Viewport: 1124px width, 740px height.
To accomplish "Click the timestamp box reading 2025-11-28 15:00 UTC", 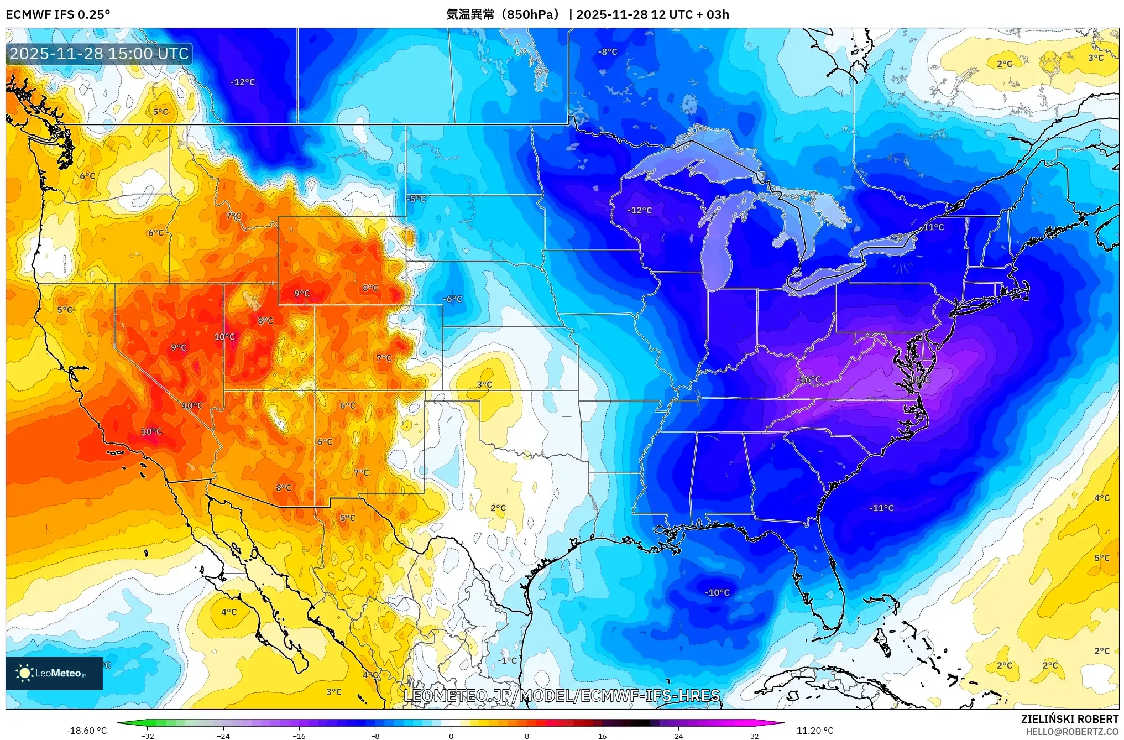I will (99, 54).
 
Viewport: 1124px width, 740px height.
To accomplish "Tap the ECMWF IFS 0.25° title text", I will (57, 14).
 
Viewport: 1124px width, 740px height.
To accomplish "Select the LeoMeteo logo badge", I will (54, 673).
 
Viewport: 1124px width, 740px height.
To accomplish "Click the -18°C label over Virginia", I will (919, 380).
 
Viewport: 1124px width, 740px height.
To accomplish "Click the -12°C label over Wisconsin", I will (639, 210).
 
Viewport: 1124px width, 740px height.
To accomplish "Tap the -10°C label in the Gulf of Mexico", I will (717, 592).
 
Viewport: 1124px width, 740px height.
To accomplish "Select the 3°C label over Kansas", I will (484, 384).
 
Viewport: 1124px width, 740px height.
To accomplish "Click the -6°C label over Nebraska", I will (452, 299).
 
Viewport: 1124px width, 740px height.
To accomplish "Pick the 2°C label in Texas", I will (498, 508).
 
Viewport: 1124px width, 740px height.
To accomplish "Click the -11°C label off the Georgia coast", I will (881, 508).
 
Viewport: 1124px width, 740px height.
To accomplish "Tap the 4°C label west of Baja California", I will (229, 612).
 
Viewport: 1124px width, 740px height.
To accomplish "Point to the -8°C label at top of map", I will (608, 51).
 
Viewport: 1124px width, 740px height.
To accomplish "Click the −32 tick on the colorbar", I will (147, 736).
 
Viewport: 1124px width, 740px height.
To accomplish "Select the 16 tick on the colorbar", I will (602, 736).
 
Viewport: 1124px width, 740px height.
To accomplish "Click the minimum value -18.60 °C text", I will (86, 731).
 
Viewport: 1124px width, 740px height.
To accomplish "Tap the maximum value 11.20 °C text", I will (814, 731).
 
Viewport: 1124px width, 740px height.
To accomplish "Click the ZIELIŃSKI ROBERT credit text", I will (1069, 719).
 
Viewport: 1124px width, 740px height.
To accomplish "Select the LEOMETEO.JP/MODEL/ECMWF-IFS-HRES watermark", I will (562, 695).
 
